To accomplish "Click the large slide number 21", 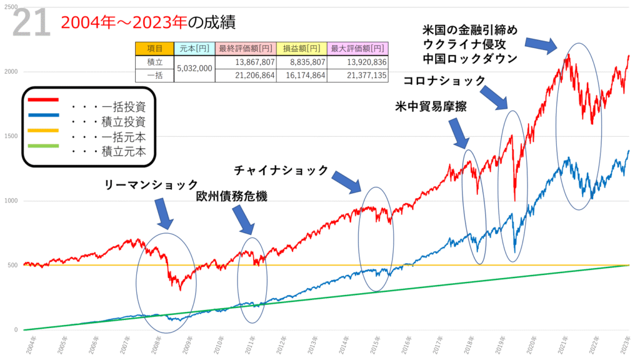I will [x=30, y=23].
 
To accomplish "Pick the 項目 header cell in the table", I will [x=154, y=49].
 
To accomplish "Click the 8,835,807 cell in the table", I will [x=303, y=62].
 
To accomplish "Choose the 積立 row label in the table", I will [x=154, y=62].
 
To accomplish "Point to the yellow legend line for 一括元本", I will [x=43, y=131].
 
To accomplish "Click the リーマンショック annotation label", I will [x=152, y=184].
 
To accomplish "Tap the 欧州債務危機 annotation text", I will [x=231, y=196].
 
